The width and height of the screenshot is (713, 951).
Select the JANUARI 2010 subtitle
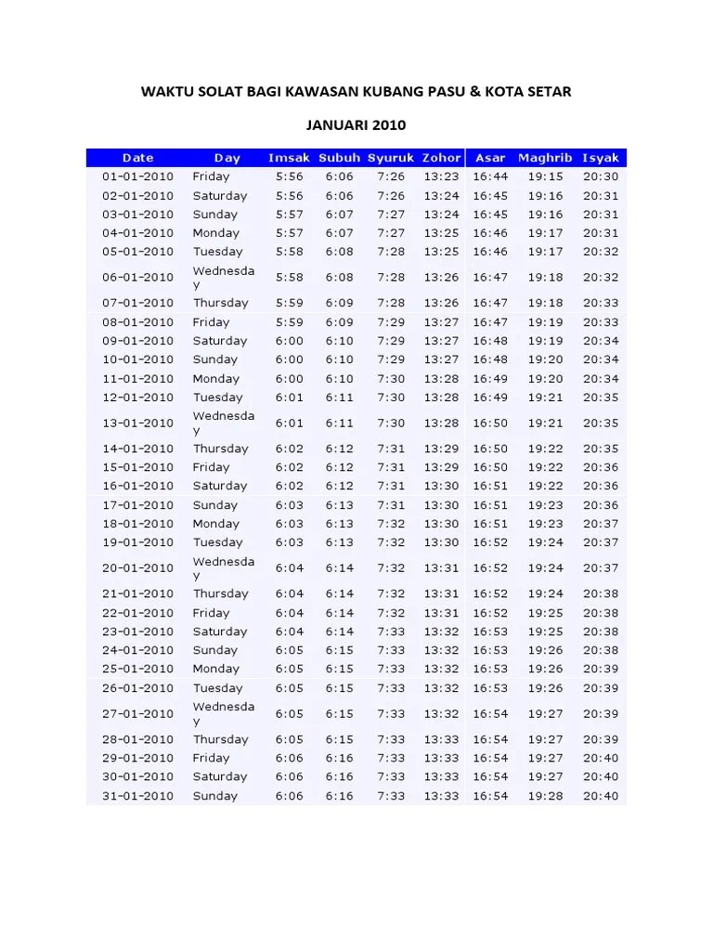coord(356,124)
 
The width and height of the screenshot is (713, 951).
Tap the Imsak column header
coord(289,158)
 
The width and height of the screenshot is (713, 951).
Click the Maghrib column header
coord(545,158)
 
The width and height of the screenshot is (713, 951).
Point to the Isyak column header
coord(601,158)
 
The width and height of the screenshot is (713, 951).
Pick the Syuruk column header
coord(391,158)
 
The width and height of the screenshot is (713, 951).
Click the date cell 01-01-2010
coord(137,176)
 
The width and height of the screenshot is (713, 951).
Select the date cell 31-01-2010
coord(137,796)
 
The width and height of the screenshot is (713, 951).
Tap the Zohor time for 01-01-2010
coord(441,176)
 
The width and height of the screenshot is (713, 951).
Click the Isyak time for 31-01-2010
coord(601,796)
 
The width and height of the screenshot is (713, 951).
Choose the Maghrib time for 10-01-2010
coord(545,359)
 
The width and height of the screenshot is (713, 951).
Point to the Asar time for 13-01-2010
coord(490,423)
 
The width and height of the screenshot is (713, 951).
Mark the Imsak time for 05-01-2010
coord(289,252)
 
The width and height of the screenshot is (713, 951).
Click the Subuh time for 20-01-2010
coord(339,568)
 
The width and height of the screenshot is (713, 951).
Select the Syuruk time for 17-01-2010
coord(391,505)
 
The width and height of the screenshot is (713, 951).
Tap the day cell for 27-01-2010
coord(223,713)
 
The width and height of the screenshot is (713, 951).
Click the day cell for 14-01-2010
coord(220,449)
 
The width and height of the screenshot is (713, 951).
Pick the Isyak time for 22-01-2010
coord(601,613)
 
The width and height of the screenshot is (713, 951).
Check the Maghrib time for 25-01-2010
coord(545,669)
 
